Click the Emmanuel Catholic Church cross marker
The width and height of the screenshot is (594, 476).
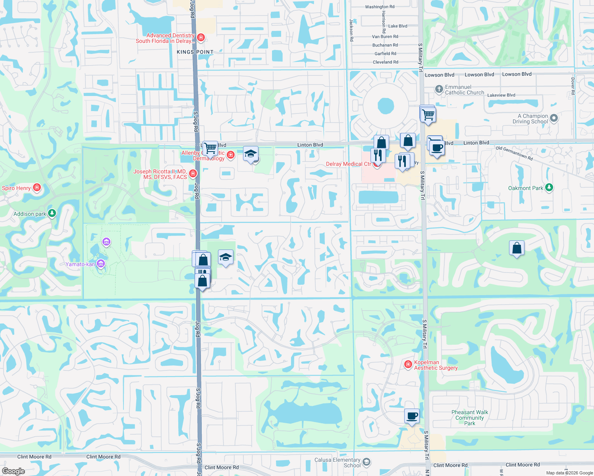tap(439, 89)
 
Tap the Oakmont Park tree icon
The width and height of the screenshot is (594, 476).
tap(549, 188)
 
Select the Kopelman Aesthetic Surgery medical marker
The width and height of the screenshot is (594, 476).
tap(408, 364)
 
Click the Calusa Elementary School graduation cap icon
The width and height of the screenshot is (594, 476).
tap(366, 462)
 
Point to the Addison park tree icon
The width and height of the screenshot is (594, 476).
tap(52, 213)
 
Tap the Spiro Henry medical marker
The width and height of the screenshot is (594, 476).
tap(37, 187)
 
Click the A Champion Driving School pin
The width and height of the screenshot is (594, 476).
tap(554, 118)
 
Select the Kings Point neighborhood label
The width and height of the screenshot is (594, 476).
tap(195, 52)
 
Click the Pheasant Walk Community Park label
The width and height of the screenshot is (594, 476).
tap(470, 418)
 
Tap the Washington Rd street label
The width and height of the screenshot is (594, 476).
tap(380, 7)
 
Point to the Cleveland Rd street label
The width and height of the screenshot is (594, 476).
tap(385, 62)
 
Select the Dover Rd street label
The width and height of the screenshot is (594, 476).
tap(573, 86)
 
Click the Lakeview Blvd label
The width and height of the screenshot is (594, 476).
tap(501, 95)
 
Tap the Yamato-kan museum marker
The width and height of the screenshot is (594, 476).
tap(101, 264)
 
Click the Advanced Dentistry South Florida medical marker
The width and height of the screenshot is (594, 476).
tap(201, 38)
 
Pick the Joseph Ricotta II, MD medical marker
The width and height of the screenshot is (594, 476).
tap(193, 173)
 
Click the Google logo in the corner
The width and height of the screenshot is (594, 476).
tap(13, 471)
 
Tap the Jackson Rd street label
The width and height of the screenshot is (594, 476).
tap(351, 30)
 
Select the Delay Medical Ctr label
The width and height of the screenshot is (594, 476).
tap(348, 164)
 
